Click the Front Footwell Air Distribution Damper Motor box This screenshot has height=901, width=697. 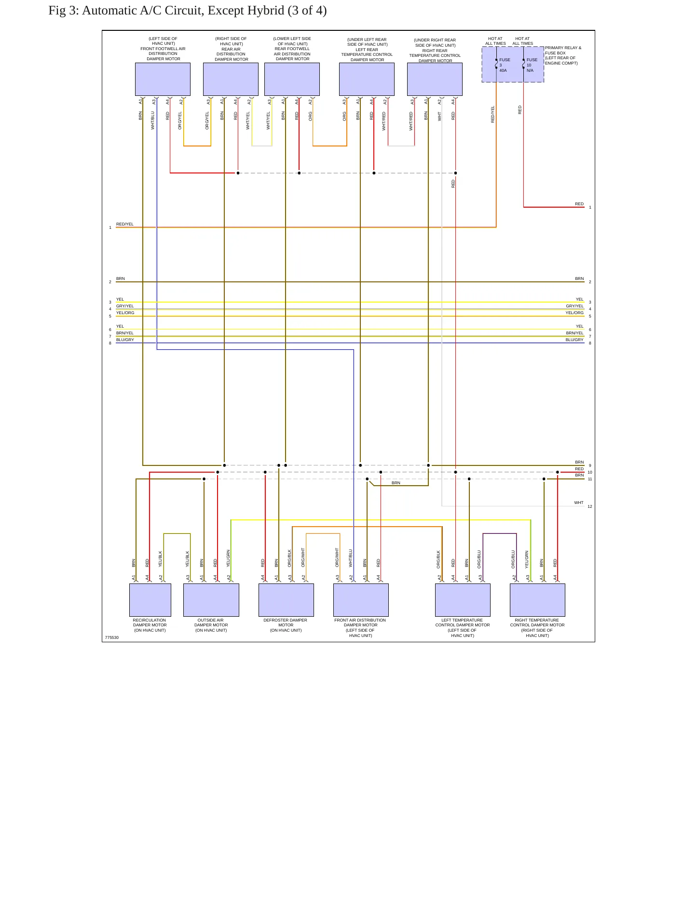coord(163,79)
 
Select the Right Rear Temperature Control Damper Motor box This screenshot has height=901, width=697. coord(435,79)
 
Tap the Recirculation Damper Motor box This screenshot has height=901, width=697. coord(150,600)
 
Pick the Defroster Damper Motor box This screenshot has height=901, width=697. coord(286,600)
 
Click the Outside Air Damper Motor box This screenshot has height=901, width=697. coord(211,600)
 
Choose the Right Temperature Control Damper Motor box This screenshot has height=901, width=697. coord(537,600)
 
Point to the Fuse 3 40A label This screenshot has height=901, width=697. coord(505,65)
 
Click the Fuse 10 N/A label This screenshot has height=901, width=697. coord(532,65)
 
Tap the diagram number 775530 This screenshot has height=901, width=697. coord(111,637)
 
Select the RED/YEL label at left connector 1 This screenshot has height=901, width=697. coord(125,224)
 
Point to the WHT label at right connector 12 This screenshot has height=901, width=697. coord(579,503)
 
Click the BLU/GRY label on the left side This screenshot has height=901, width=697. coord(125,340)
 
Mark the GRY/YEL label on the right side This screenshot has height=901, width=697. coord(574,306)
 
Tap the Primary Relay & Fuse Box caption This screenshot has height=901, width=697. coord(563,55)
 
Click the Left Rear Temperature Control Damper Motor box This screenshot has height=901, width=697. coord(367,79)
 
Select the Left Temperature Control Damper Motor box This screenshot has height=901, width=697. coord(463,600)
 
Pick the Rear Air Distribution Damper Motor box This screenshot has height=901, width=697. coord(231,79)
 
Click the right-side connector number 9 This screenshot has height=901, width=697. coord(590,465)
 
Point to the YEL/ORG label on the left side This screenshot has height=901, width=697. coord(125,313)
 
